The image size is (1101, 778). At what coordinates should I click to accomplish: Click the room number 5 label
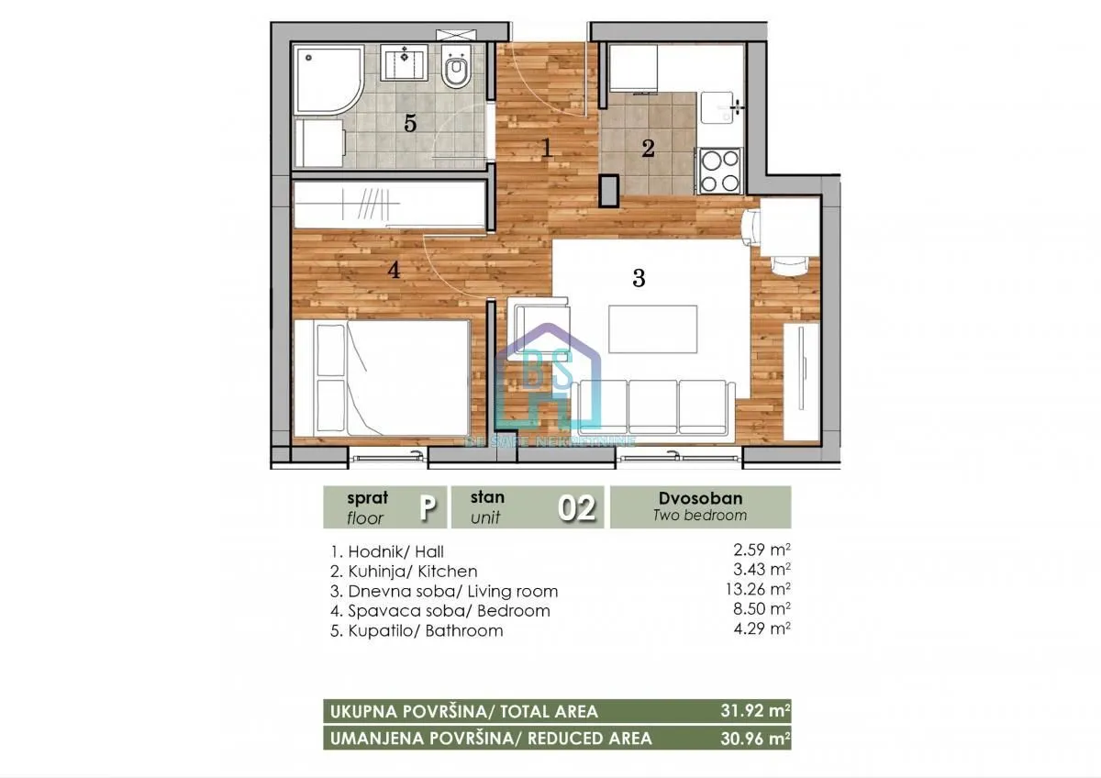click(x=411, y=123)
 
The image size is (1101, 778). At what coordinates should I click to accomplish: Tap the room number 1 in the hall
click(x=547, y=147)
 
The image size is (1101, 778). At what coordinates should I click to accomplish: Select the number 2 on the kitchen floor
click(x=648, y=148)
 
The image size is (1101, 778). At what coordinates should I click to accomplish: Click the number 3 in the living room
click(x=639, y=278)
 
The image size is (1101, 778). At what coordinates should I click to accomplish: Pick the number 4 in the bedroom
click(x=394, y=270)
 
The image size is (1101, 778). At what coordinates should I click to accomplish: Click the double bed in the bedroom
click(x=382, y=378)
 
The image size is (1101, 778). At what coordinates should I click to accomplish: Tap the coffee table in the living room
click(x=652, y=328)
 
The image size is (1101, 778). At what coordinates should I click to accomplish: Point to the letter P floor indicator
click(x=426, y=507)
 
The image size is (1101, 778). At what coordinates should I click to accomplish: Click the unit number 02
click(x=578, y=507)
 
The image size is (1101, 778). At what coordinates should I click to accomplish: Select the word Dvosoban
click(x=700, y=498)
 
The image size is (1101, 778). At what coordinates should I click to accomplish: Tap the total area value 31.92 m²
click(x=754, y=711)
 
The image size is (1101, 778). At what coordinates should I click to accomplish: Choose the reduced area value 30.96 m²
click(x=754, y=738)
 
